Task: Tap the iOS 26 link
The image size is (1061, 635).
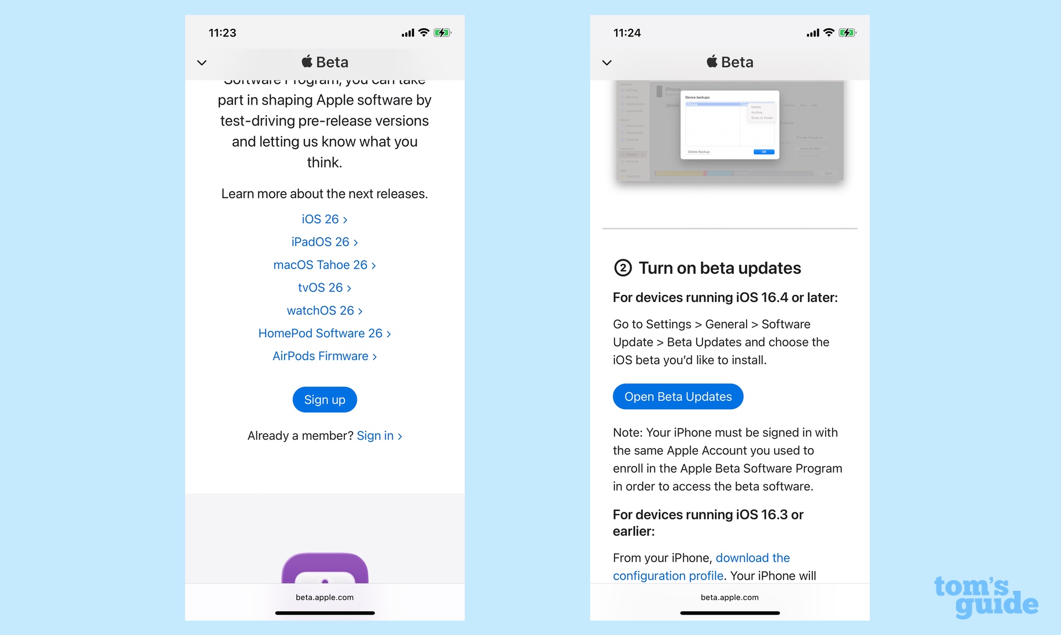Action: coord(324,220)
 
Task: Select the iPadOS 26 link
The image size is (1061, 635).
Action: coord(324,242)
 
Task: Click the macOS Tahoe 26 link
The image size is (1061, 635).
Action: coord(324,265)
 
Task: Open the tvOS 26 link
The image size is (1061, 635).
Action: coord(324,288)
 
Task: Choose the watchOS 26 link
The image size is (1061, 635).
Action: coord(324,311)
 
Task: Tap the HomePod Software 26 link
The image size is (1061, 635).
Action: coord(324,334)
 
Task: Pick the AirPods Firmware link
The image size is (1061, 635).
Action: coord(324,356)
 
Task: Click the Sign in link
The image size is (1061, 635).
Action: coord(379,436)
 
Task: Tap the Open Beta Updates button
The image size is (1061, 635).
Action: coord(677,397)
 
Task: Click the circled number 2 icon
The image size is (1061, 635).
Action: coord(623,268)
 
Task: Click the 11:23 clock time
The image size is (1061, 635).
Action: coord(222,33)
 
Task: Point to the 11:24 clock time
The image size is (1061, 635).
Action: coord(627,33)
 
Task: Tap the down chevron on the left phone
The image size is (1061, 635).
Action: coord(202,63)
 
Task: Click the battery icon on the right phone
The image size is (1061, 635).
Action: coord(847,33)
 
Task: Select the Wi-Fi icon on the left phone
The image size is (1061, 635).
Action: coord(424,33)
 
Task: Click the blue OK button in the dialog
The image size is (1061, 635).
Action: coord(764,152)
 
